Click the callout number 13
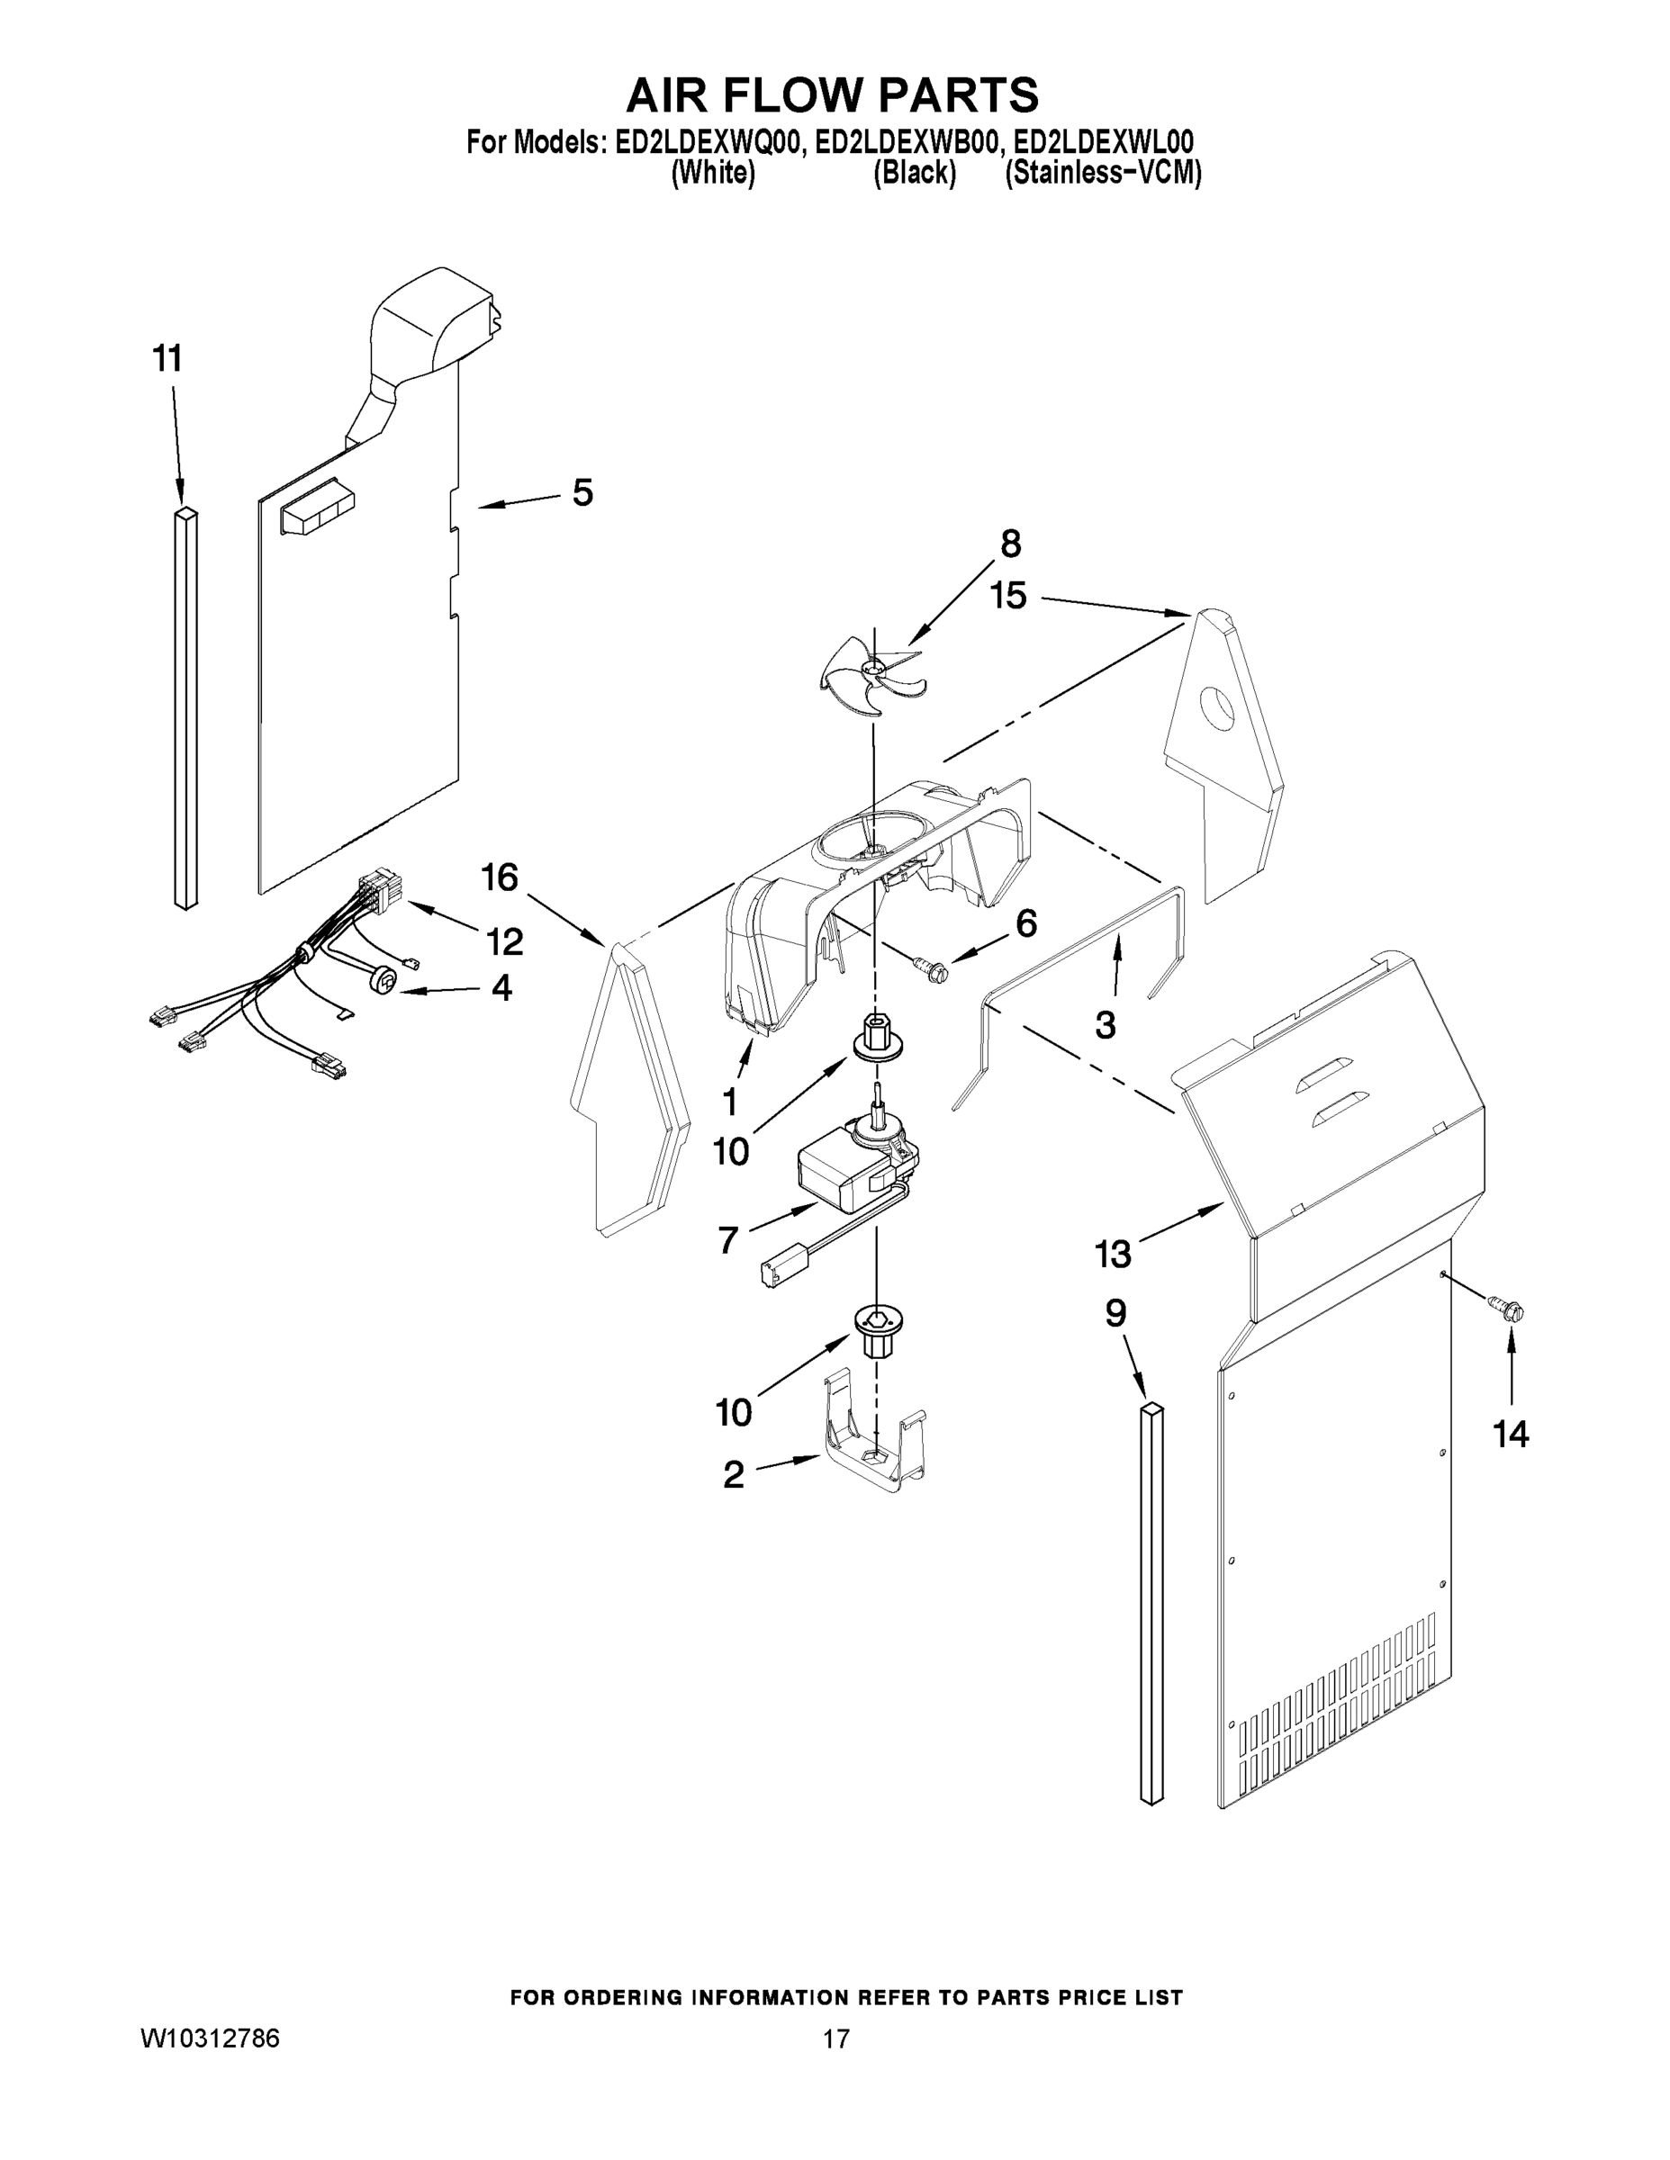click(x=1112, y=1254)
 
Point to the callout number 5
click(x=582, y=491)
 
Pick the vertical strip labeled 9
click(x=1151, y=1602)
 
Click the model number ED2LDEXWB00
click(x=900, y=144)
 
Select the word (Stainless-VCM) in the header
click(x=1102, y=174)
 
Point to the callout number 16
click(x=500, y=877)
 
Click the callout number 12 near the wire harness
click(x=504, y=941)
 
